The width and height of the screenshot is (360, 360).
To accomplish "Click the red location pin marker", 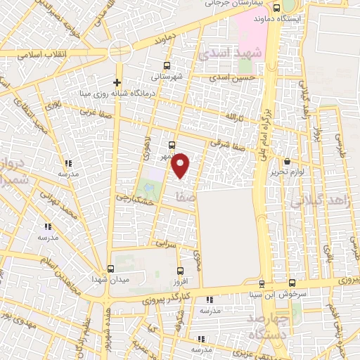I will point(181,165).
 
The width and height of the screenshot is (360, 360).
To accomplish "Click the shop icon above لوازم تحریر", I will point(287,161).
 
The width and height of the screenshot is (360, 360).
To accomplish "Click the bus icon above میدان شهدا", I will point(110,269).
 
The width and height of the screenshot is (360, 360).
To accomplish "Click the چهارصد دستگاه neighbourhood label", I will point(269,326).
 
